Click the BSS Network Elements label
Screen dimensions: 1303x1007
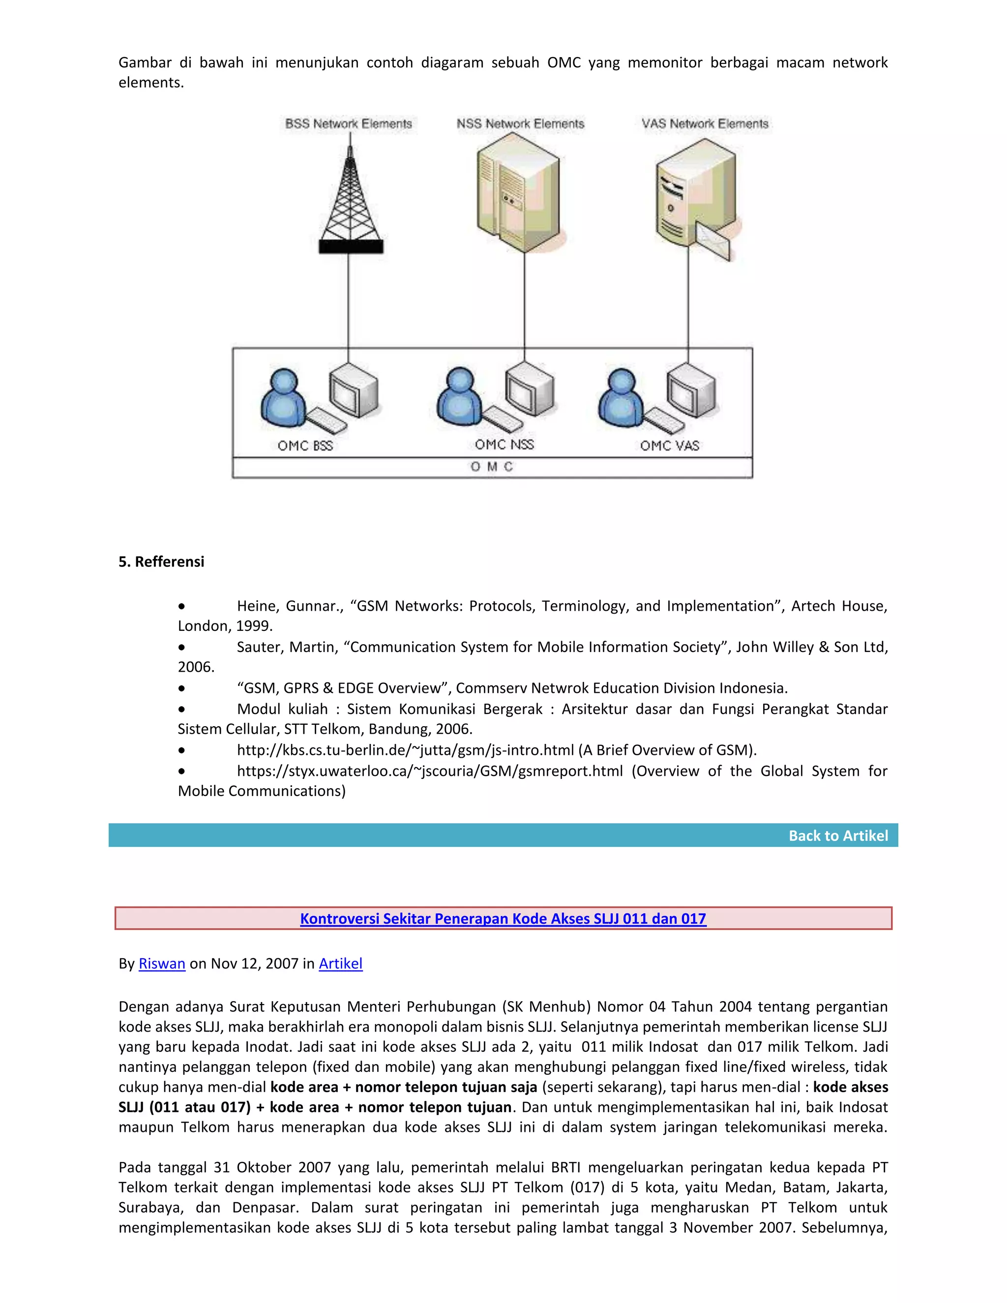[x=349, y=124]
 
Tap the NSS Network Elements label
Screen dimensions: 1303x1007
[x=520, y=124]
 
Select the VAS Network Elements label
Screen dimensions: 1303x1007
[x=705, y=124]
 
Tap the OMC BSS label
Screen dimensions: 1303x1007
[x=305, y=445]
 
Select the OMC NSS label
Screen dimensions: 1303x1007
[x=504, y=444]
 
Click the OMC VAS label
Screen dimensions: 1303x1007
[x=669, y=445]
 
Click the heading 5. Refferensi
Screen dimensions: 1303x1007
[x=161, y=562]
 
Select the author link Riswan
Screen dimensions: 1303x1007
[x=162, y=964]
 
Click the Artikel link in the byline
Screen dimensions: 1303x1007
[x=341, y=964]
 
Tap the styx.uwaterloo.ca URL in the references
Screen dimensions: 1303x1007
[x=430, y=771]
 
